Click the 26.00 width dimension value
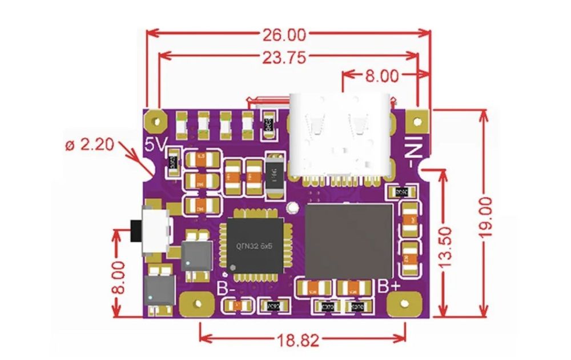(285, 34)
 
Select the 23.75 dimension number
(285, 58)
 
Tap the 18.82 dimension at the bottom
(299, 341)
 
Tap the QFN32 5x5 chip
(252, 245)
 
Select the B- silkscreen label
(226, 288)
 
